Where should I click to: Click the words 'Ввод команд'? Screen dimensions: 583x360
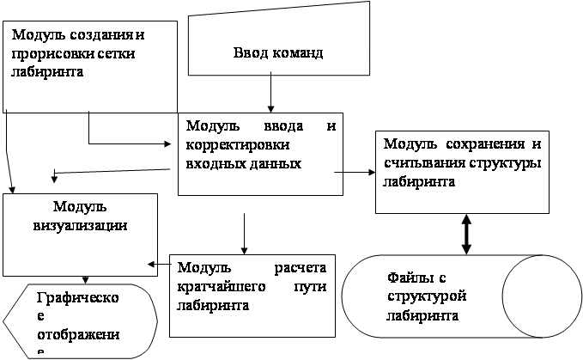click(278, 52)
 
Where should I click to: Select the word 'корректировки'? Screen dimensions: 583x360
click(237, 145)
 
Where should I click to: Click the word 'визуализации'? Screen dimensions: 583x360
click(80, 226)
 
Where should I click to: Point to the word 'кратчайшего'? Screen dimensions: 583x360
click(222, 287)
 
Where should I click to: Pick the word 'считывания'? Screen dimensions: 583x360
click(424, 163)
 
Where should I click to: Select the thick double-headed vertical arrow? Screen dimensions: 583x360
click(466, 234)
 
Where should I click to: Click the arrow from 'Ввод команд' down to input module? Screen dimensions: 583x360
click(270, 92)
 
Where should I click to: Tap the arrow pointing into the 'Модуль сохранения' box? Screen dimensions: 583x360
click(355, 172)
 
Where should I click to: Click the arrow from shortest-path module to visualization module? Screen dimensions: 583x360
click(159, 265)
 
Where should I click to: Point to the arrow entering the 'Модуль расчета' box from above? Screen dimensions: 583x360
click(244, 234)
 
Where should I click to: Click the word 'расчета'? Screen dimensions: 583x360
click(300, 268)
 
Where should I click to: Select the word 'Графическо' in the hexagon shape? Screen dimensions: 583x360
click(78, 297)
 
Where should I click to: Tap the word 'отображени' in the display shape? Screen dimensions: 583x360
click(78, 334)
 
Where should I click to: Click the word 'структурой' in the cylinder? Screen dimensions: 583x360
click(427, 296)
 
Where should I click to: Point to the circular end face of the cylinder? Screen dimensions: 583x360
click(542, 296)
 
